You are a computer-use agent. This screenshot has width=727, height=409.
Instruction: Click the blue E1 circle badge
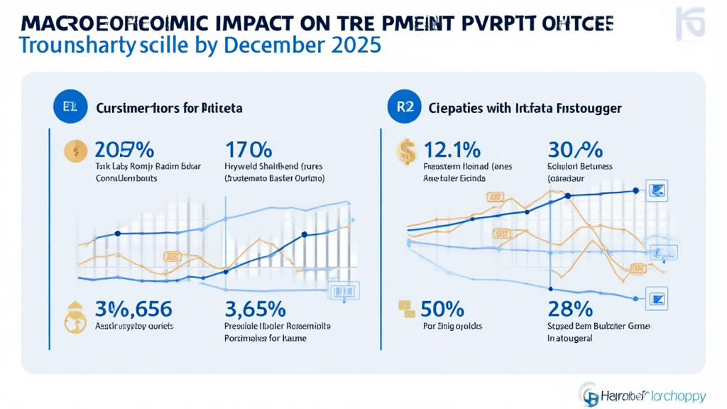[64, 109]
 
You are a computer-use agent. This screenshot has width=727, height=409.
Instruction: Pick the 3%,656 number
[133, 310]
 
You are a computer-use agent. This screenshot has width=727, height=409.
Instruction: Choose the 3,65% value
[255, 310]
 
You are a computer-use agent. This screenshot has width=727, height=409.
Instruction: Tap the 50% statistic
[442, 310]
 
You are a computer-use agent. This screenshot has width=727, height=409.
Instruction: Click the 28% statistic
[570, 310]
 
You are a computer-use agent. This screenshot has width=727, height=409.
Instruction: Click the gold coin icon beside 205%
[73, 151]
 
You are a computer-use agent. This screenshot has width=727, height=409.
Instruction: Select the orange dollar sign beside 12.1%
[407, 151]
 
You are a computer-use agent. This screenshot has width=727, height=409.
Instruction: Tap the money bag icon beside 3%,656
[75, 317]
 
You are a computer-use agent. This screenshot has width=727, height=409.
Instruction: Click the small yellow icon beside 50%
[406, 307]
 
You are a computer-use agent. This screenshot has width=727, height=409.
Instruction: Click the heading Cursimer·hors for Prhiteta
[169, 109]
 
